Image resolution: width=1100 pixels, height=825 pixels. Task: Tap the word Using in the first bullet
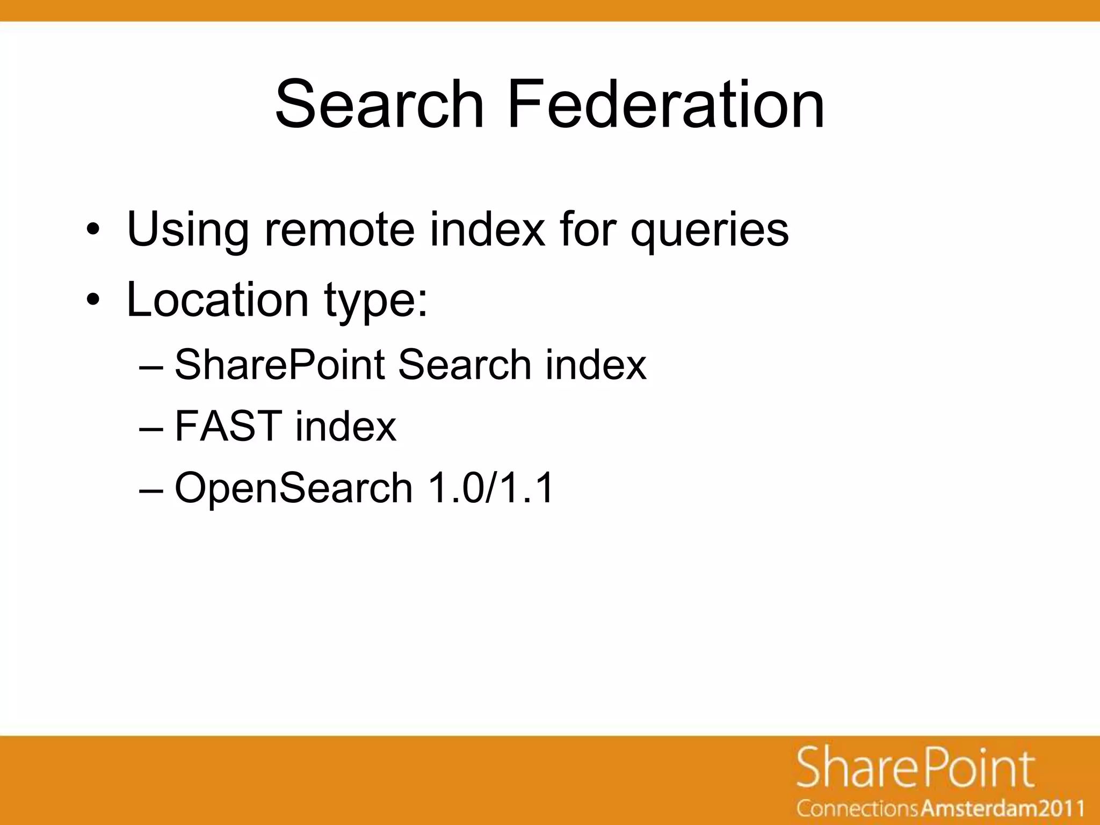point(187,230)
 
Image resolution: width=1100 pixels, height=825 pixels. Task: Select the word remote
point(339,230)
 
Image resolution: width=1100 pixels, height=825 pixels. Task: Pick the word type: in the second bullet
point(376,301)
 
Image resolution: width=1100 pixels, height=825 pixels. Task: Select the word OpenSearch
point(293,488)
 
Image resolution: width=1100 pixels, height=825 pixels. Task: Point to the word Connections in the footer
point(857,808)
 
